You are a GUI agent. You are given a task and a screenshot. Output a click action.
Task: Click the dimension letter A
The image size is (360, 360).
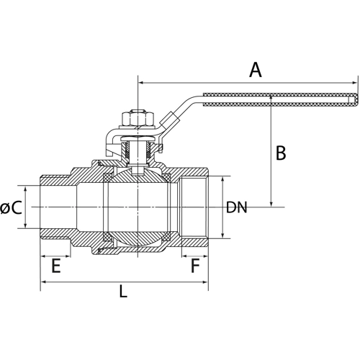tap(254, 70)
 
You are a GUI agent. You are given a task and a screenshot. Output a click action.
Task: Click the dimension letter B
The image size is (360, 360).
tap(282, 153)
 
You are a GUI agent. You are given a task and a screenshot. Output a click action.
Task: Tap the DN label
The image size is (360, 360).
tap(236, 208)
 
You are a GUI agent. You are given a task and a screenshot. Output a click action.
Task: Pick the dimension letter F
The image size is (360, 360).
tap(194, 267)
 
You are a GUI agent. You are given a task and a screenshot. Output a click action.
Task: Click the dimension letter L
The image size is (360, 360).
tap(123, 293)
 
